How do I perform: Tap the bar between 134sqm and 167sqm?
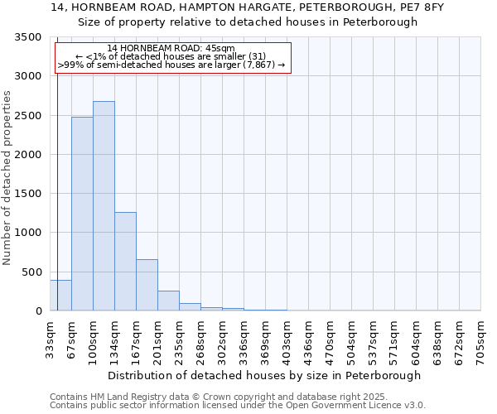[x=125, y=261]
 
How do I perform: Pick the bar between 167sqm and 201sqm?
[x=147, y=285]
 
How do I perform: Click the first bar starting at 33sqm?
[x=60, y=296]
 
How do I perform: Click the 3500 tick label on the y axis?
[x=28, y=37]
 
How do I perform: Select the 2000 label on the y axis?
[x=28, y=155]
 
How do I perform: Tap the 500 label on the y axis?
[x=31, y=272]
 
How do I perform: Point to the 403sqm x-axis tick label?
[x=287, y=337]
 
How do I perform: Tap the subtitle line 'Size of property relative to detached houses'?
[x=248, y=22]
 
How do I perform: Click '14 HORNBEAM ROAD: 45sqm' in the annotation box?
[x=171, y=49]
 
